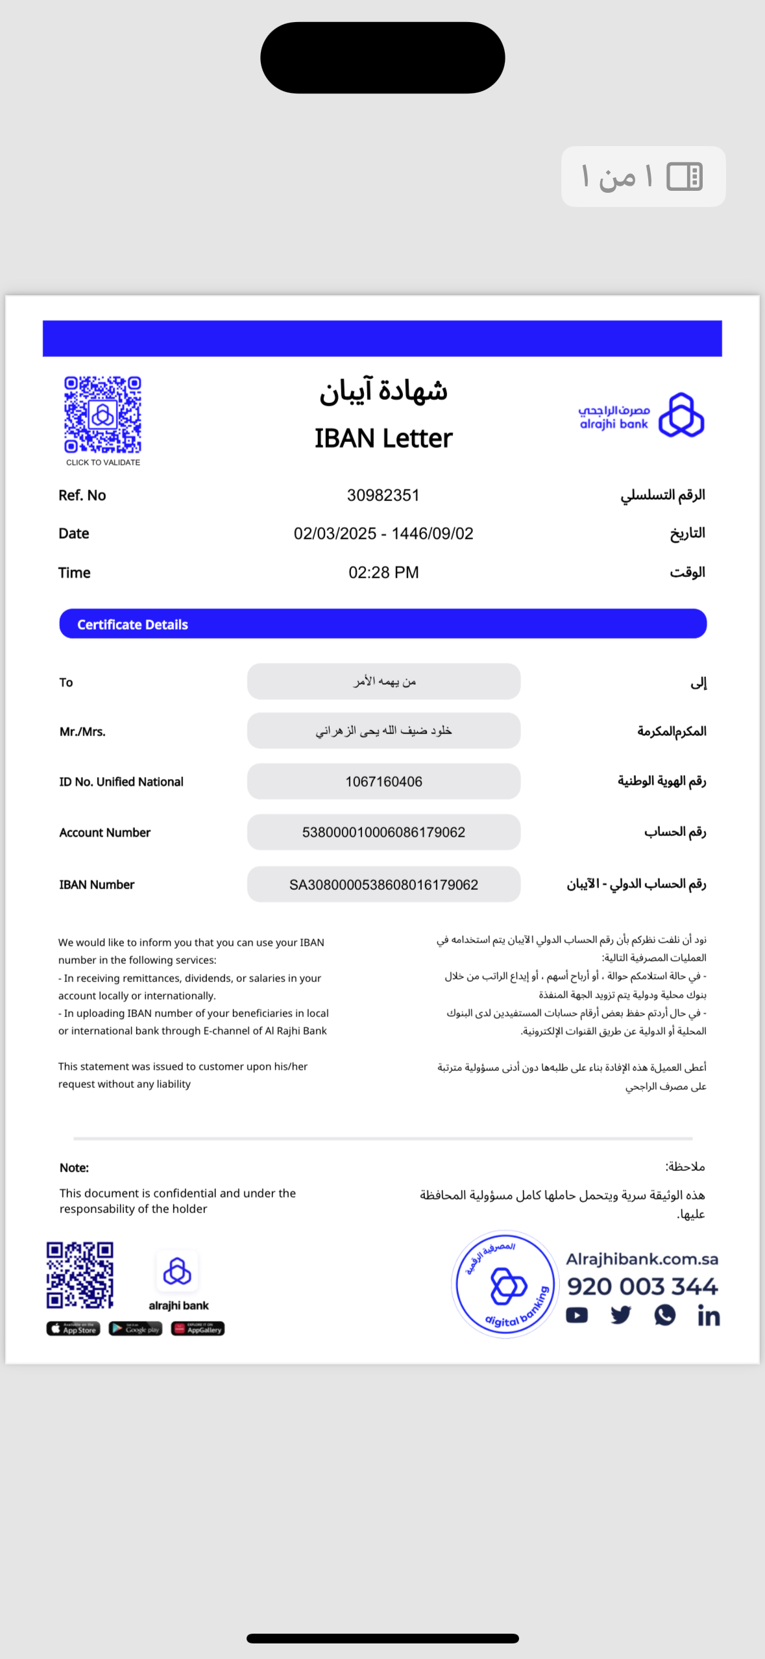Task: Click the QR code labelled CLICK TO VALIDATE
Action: coord(103,415)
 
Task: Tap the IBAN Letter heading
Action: coord(383,439)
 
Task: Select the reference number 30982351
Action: coord(383,495)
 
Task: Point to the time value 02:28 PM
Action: coord(383,572)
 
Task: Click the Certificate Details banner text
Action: coord(132,624)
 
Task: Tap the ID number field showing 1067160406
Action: coord(383,781)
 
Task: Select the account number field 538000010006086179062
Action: coord(383,832)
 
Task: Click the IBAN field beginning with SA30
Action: coord(383,885)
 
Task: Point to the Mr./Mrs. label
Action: coord(82,731)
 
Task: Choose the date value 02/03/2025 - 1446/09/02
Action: coord(383,534)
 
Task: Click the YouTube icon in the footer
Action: coord(577,1315)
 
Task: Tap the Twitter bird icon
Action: coord(621,1315)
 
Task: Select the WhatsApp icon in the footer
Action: coord(664,1315)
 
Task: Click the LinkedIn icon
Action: coord(709,1316)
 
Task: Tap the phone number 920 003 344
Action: coord(642,1286)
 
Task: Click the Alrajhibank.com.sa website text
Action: coord(642,1259)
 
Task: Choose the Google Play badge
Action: coord(135,1329)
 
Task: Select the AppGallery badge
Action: coord(198,1329)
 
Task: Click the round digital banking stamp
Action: coord(505,1284)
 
